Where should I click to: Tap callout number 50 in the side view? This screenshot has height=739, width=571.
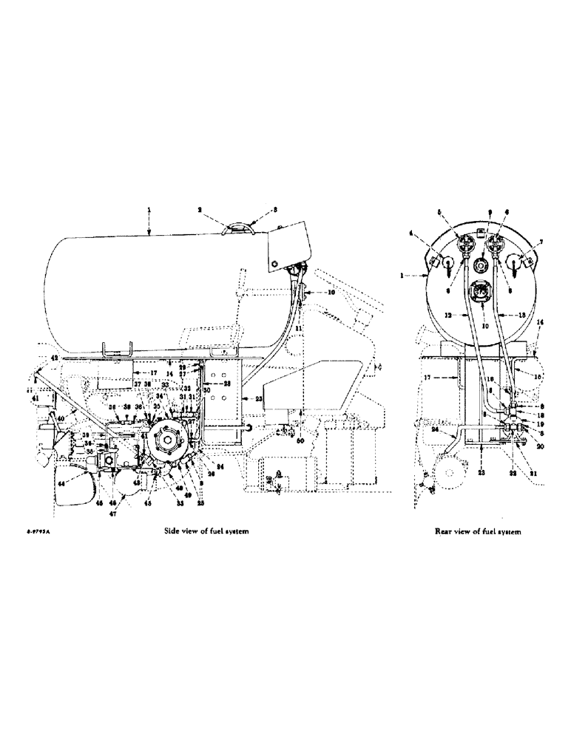300,441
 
